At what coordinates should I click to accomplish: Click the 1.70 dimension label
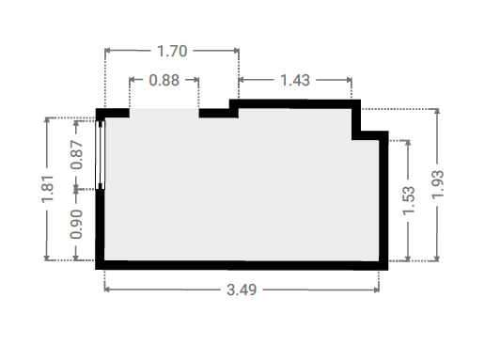[x=172, y=51]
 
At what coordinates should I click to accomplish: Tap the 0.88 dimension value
[x=164, y=80]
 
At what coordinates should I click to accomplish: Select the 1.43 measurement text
[x=295, y=80]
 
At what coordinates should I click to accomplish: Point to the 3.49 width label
[x=242, y=290]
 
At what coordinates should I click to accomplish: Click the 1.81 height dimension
[x=47, y=188]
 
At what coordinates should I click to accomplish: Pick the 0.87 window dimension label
[x=76, y=155]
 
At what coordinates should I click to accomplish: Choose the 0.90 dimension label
[x=76, y=225]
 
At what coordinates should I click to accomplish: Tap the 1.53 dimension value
[x=409, y=200]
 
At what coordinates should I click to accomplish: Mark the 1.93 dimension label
[x=438, y=184]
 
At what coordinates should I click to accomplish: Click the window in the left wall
[x=101, y=155]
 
